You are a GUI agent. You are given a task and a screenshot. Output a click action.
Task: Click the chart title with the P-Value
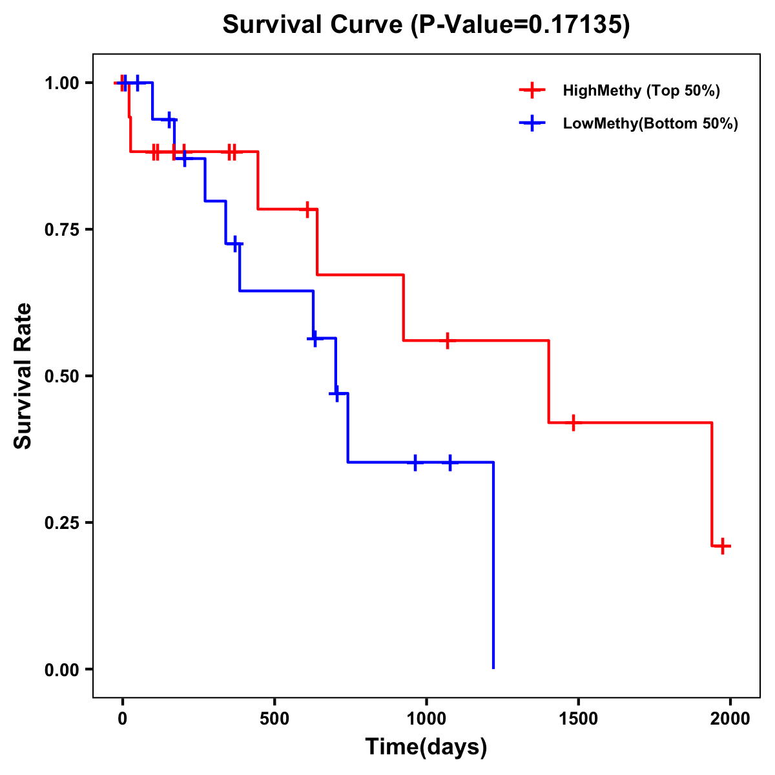[426, 25]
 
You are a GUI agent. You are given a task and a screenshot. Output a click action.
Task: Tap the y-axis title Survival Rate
[23, 376]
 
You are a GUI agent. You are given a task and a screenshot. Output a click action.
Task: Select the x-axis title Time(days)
[426, 747]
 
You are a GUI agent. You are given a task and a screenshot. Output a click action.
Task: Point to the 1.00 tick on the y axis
[61, 83]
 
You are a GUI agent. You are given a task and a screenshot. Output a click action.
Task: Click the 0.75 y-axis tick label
[61, 229]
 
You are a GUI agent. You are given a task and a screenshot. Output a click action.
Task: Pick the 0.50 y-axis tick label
[61, 376]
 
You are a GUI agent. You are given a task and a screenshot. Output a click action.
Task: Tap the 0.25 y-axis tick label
[61, 522]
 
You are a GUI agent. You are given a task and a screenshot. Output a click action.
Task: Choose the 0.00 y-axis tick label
[61, 669]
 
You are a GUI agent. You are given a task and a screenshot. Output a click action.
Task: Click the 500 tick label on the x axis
[274, 718]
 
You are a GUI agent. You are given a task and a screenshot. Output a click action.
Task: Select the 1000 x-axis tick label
[426, 718]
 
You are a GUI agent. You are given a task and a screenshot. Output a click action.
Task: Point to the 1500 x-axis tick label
[578, 718]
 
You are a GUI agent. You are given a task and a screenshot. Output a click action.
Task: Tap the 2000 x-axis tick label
[730, 718]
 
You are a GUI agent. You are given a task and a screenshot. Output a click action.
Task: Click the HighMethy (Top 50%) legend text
[641, 90]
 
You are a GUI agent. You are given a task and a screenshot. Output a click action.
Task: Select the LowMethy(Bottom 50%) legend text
[650, 123]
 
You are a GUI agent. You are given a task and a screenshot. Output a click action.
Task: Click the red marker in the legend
[532, 90]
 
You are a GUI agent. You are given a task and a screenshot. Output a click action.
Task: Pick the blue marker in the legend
[532, 123]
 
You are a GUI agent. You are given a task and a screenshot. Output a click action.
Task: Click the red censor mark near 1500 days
[573, 422]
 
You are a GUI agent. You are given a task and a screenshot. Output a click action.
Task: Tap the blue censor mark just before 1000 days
[415, 462]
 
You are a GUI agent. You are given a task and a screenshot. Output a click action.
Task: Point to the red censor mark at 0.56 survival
[446, 340]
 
